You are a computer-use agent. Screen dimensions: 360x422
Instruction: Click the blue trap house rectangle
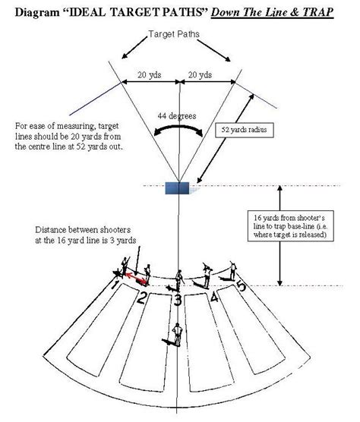pyautogui.click(x=177, y=188)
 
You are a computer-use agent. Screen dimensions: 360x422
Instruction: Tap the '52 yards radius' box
pyautogui.click(x=245, y=130)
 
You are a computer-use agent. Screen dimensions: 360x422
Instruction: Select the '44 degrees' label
pyautogui.click(x=177, y=116)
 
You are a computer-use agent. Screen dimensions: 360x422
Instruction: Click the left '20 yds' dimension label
pyautogui.click(x=150, y=74)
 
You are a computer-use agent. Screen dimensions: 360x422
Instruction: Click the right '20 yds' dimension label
pyautogui.click(x=200, y=74)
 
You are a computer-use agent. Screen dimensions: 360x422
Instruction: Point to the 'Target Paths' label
pyautogui.click(x=174, y=34)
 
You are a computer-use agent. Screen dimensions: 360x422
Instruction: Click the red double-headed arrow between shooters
pyautogui.click(x=135, y=279)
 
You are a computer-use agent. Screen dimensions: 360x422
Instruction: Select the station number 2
pyautogui.click(x=143, y=298)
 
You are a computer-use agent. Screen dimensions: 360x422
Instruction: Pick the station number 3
pyautogui.click(x=178, y=299)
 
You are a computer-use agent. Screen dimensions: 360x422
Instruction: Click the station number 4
pyautogui.click(x=214, y=297)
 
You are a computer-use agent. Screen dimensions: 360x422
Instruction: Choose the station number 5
pyautogui.click(x=242, y=286)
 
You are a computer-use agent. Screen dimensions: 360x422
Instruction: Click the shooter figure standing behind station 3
pyautogui.click(x=175, y=335)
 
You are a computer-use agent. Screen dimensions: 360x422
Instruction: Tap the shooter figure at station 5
pyautogui.click(x=230, y=271)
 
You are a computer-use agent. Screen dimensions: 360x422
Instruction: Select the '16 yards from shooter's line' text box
pyautogui.click(x=291, y=226)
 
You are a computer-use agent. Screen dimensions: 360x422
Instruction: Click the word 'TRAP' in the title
pyautogui.click(x=317, y=12)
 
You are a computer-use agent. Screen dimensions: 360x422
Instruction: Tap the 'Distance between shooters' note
pyautogui.click(x=86, y=235)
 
